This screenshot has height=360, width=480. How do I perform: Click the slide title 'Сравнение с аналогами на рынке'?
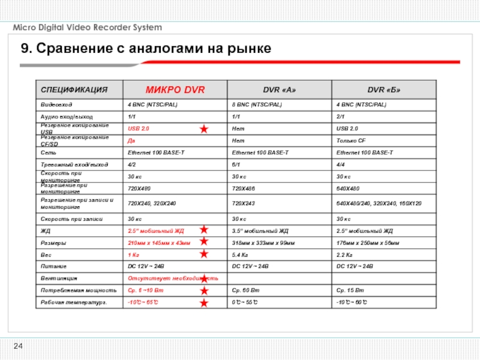146,49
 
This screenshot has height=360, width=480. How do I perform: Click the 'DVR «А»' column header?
280,90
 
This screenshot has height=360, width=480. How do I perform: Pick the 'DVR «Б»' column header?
384,90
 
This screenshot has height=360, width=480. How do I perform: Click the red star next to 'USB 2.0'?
204,129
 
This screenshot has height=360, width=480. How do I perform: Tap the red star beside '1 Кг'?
204,254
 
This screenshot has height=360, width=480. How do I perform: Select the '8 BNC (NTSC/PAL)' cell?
257,104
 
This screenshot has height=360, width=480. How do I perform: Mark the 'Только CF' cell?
352,141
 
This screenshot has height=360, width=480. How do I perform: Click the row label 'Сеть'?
47,152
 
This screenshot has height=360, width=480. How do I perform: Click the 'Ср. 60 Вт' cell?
245,290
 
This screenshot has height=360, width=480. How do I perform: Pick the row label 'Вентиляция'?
58,278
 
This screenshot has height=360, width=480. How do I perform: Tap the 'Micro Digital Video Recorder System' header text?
88,28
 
